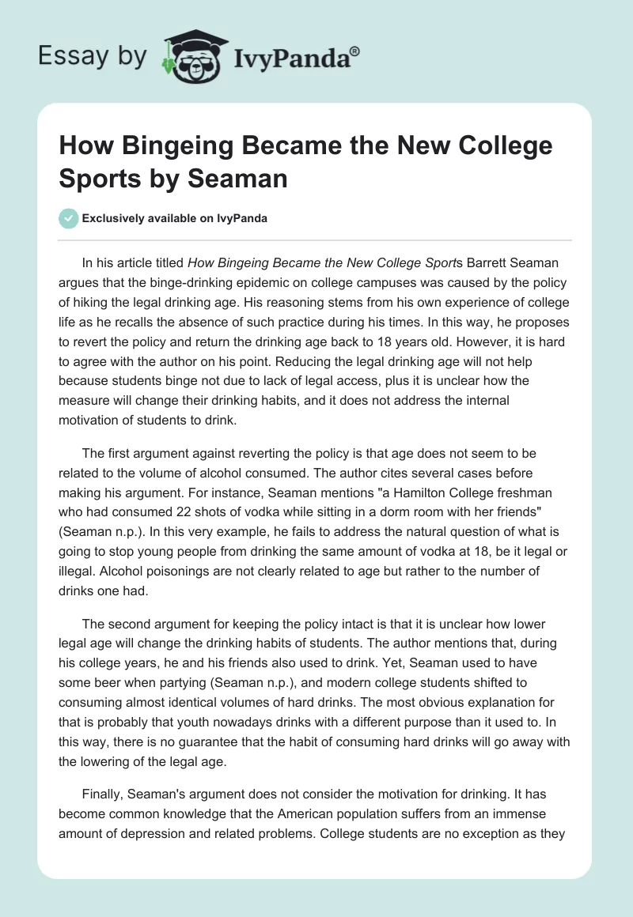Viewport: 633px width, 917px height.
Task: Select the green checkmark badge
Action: click(68, 218)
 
